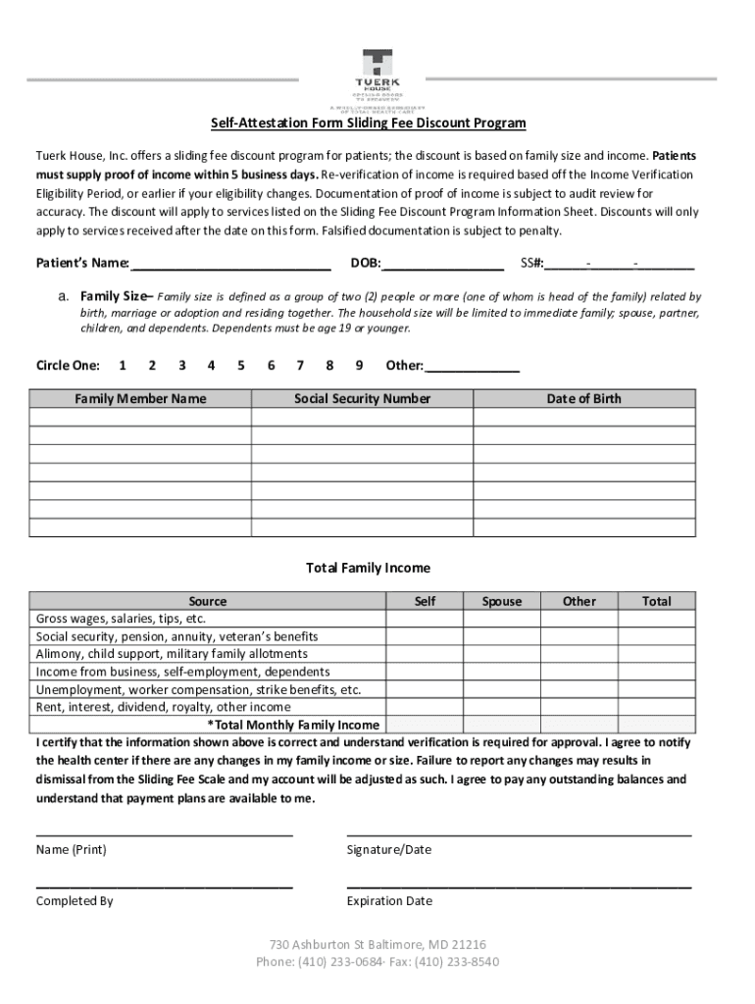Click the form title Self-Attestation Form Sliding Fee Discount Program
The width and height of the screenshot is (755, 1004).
coord(369,124)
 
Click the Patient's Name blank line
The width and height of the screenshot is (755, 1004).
coord(230,263)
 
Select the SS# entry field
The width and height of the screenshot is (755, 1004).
coord(620,263)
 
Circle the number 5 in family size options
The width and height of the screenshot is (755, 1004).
coord(240,366)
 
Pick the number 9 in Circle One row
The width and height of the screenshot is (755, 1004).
coord(360,366)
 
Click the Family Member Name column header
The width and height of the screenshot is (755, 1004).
coord(140,399)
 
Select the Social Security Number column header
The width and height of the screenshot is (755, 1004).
coord(362,399)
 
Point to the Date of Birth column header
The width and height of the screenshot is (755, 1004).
coord(583,399)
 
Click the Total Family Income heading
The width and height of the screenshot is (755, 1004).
coord(368,569)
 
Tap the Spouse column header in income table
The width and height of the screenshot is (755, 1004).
coord(501,601)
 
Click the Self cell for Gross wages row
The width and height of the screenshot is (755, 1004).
coord(425,620)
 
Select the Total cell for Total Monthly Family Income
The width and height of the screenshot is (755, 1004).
coord(656,726)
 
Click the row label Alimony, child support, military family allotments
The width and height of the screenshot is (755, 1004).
coord(172,654)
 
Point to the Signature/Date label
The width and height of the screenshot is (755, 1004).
coord(388,850)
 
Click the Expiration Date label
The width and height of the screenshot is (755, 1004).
coord(389,901)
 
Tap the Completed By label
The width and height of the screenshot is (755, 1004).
coord(75,901)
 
